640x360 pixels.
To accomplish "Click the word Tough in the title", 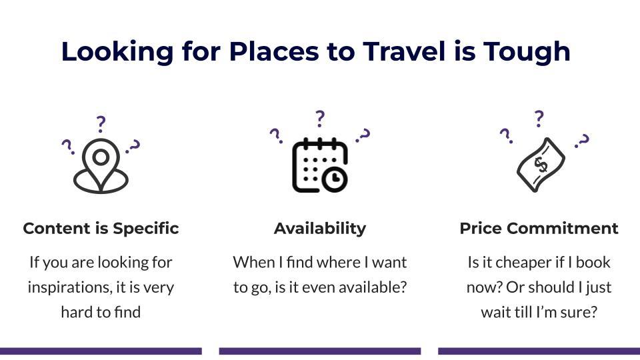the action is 527,52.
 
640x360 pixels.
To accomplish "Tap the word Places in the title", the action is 274,51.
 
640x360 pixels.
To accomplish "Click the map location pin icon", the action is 101,166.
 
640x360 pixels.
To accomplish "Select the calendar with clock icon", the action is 320,165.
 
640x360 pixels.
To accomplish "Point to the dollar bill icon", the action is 541,165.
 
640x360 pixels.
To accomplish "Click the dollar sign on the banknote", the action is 541,165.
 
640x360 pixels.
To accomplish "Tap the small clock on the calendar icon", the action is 335,179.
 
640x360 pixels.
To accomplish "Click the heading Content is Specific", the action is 101,228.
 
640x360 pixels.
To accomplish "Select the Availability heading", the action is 320,228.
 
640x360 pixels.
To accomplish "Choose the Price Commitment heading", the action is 539,228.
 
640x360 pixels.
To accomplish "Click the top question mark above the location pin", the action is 101,124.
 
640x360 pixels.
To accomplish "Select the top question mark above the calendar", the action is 320,119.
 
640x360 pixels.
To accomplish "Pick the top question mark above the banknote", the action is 539,119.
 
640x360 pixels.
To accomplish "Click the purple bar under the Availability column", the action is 320,351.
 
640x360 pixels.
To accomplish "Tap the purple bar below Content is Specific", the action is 101,351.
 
